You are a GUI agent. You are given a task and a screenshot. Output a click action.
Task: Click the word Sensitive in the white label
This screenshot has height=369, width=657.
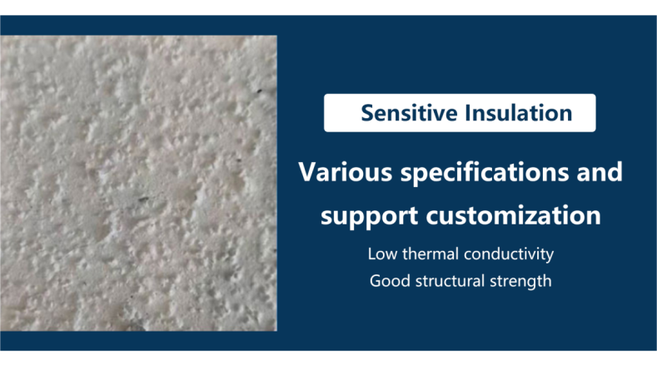point(409,113)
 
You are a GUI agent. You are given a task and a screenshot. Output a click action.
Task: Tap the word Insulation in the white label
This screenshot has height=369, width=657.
point(519,113)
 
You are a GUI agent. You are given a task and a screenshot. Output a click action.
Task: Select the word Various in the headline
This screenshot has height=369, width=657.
point(346,171)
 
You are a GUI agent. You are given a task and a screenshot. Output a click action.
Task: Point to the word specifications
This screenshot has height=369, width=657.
point(485,173)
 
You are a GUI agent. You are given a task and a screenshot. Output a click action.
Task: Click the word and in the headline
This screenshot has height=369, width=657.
point(600,171)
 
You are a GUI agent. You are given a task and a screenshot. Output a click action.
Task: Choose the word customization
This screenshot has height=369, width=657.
point(513,215)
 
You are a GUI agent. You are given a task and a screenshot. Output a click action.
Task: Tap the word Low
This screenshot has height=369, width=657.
point(382,254)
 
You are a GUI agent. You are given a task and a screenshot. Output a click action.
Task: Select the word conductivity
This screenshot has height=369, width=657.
point(509,254)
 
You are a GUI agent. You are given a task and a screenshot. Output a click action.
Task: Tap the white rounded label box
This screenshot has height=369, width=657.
point(460,113)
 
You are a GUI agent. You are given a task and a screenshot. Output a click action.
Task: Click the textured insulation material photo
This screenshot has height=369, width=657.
point(138,183)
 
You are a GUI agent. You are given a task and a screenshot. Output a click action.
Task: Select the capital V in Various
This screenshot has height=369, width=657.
point(307,172)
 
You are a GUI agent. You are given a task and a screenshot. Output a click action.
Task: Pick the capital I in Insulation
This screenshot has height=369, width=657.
point(468,113)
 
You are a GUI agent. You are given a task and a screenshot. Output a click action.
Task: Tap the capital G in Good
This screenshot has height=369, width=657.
point(376,281)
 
